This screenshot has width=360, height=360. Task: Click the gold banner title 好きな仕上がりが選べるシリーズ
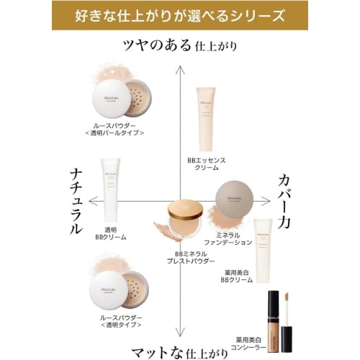(179, 15)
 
